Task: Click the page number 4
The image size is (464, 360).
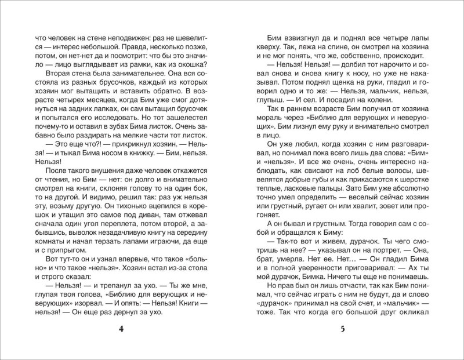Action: pyautogui.click(x=121, y=329)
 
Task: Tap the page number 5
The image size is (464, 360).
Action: pyautogui.click(x=342, y=329)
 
